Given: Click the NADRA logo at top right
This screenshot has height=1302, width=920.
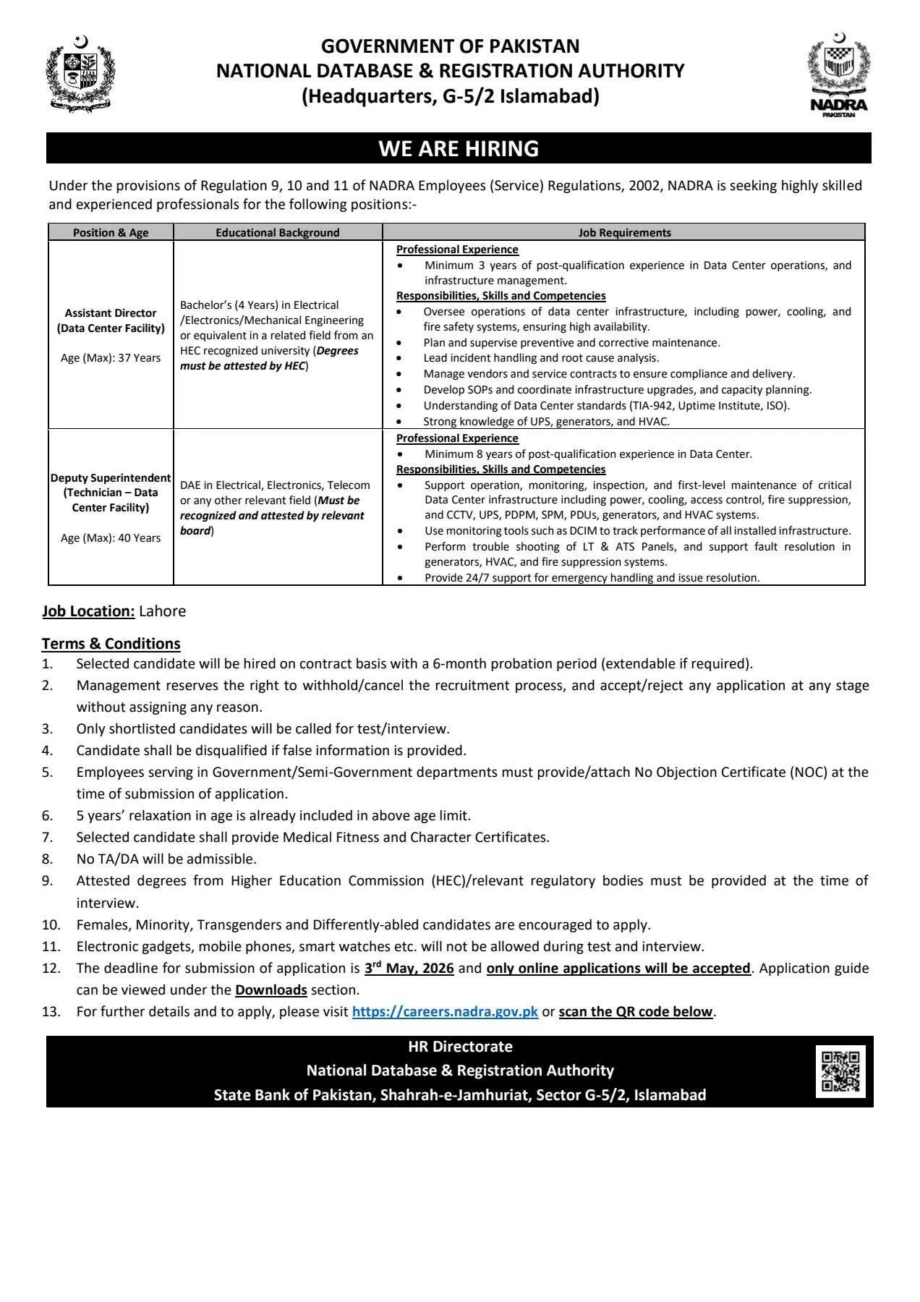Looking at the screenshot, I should click(x=838, y=75).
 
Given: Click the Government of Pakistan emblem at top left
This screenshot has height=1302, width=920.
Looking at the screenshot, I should click(x=80, y=74).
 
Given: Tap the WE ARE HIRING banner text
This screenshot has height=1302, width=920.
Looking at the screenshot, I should click(x=459, y=148).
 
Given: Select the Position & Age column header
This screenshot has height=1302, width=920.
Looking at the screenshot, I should click(x=111, y=232).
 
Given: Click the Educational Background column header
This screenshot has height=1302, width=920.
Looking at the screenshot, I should click(x=277, y=232).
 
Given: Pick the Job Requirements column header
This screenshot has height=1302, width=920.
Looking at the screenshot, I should click(x=624, y=232).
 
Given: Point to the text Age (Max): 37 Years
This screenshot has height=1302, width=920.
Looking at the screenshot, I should click(x=111, y=358).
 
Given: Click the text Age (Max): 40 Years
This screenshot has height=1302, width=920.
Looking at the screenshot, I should click(x=111, y=538).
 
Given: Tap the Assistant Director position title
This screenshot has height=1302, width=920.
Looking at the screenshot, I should click(x=111, y=320).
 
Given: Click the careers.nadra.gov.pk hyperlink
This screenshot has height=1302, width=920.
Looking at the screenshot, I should click(x=445, y=1012).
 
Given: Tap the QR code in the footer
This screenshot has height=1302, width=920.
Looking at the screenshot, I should click(x=840, y=1071).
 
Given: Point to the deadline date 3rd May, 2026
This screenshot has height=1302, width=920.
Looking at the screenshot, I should click(x=409, y=968).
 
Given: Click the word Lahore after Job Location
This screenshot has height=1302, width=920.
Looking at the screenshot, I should click(x=162, y=611).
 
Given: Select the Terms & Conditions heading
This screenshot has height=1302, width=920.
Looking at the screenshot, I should click(x=111, y=644).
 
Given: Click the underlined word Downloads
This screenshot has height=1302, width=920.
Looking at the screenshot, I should click(x=271, y=990).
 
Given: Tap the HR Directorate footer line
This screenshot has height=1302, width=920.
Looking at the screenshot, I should click(x=460, y=1047).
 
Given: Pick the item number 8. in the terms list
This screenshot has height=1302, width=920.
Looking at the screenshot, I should click(x=47, y=859).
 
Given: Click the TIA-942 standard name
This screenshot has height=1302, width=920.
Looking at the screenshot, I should click(x=653, y=406).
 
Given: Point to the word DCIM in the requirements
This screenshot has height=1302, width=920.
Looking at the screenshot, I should click(x=584, y=531).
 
